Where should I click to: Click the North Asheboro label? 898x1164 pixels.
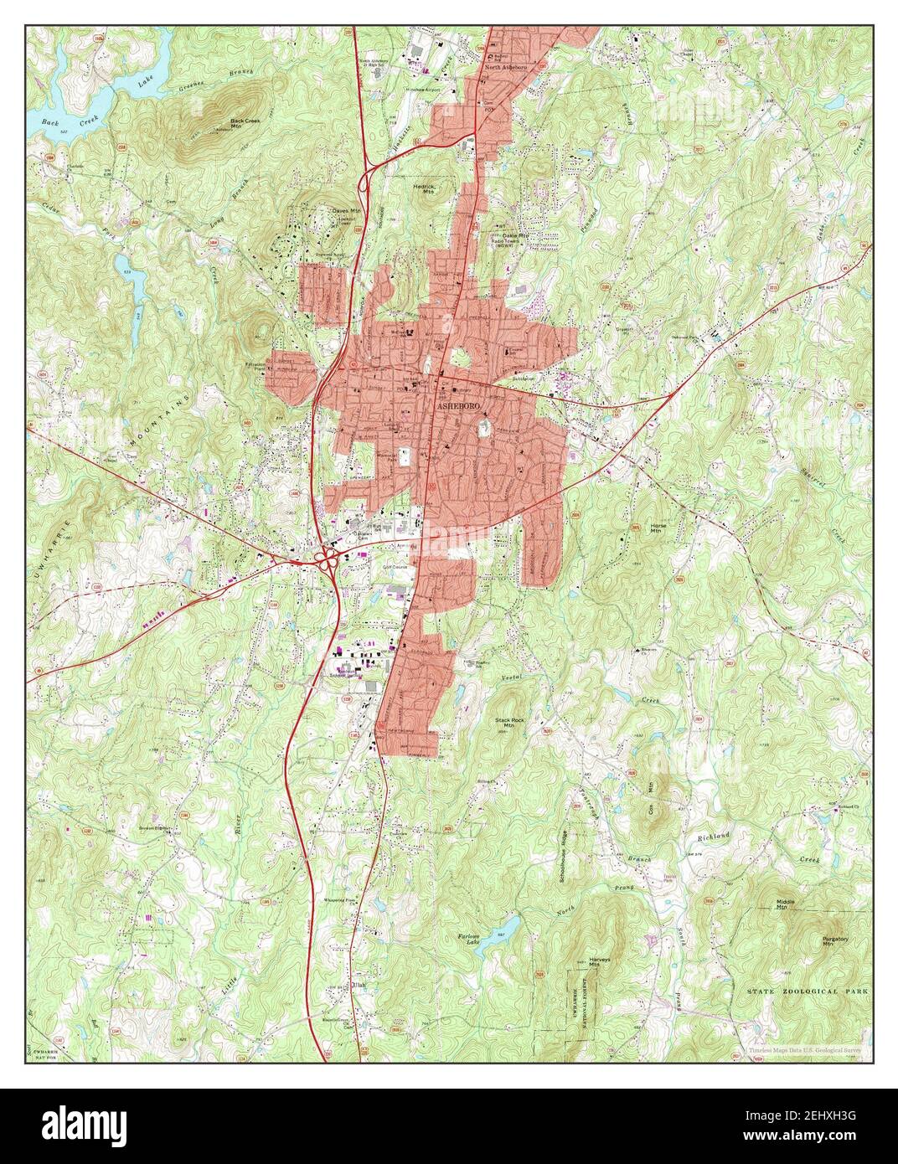point(507,67)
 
